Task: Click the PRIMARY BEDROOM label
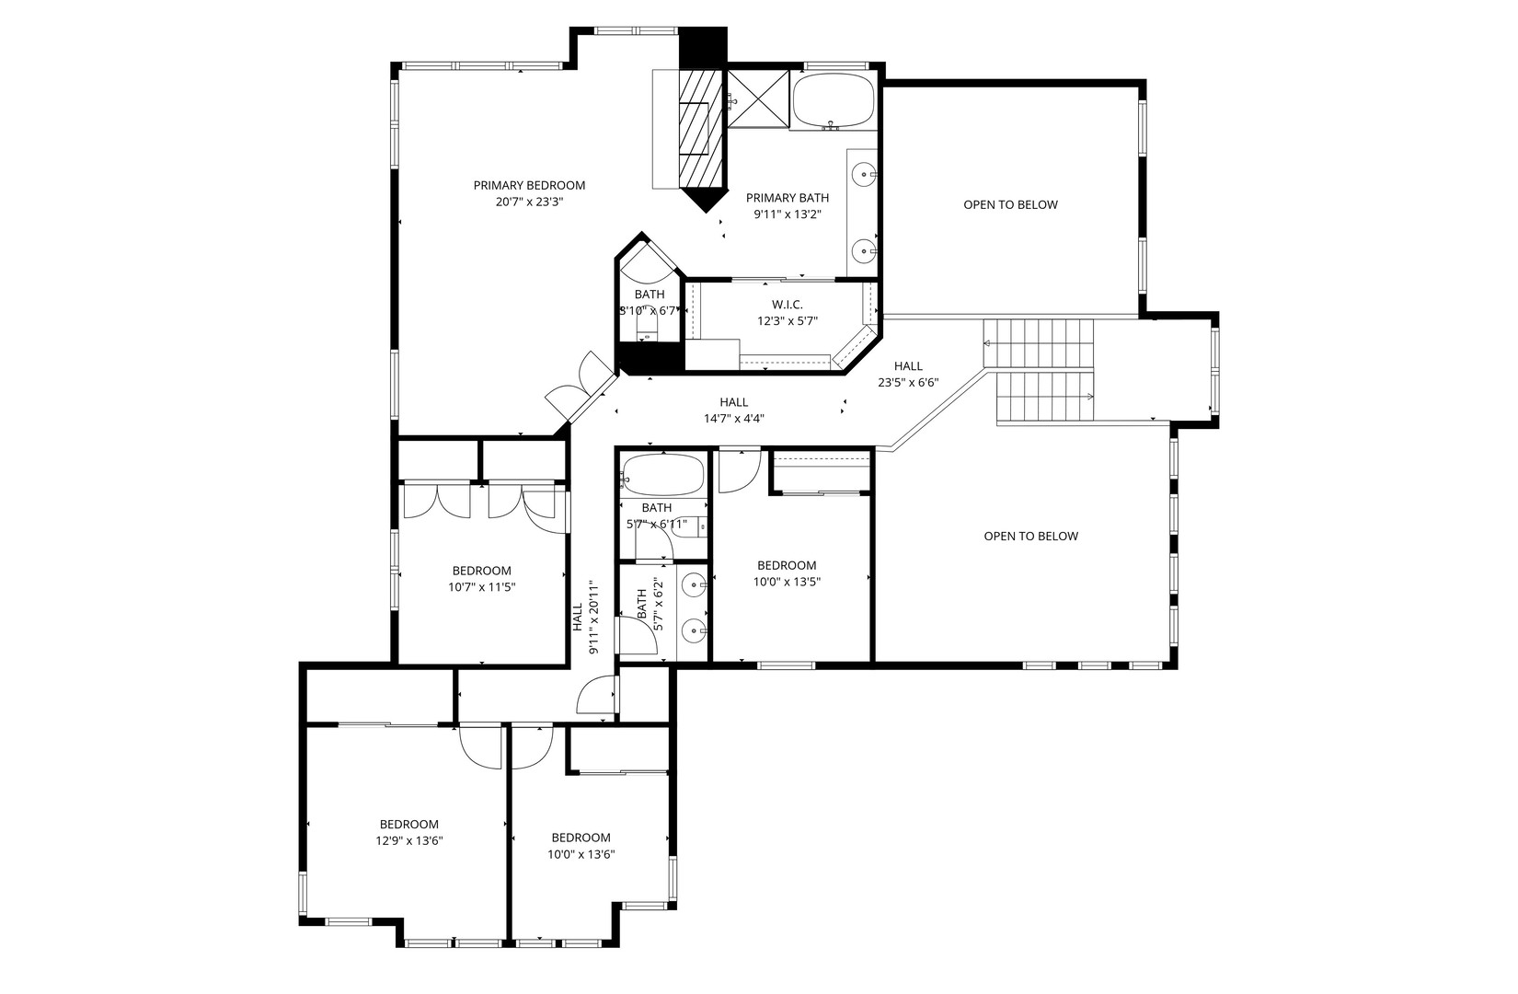click(529, 185)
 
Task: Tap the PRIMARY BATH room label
click(788, 198)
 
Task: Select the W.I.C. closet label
click(788, 306)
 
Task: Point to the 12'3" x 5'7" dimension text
click(788, 320)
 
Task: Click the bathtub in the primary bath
click(834, 100)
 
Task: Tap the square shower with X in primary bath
click(758, 98)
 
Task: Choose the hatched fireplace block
click(701, 129)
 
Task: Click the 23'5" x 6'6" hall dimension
click(908, 382)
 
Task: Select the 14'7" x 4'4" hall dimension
click(734, 419)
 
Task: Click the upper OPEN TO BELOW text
click(1010, 204)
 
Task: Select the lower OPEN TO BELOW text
click(1030, 537)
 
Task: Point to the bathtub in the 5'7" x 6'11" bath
click(663, 475)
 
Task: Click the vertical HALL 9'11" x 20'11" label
click(585, 617)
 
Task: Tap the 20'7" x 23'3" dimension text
click(529, 202)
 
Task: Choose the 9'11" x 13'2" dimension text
click(788, 214)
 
